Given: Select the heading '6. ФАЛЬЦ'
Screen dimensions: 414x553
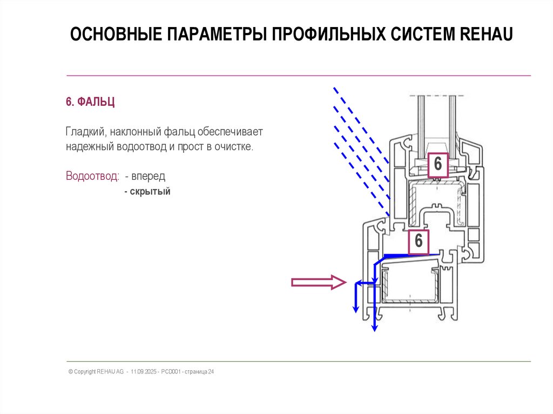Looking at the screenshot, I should [x=90, y=102].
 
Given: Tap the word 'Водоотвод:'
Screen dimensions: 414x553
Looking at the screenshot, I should [x=92, y=176].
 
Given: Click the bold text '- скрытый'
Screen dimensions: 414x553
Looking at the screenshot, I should [x=147, y=191].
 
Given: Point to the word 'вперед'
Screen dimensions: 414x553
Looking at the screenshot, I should [x=147, y=176].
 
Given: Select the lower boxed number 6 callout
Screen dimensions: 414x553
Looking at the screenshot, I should [x=419, y=241].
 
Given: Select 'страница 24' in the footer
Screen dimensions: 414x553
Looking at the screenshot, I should [x=200, y=372].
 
